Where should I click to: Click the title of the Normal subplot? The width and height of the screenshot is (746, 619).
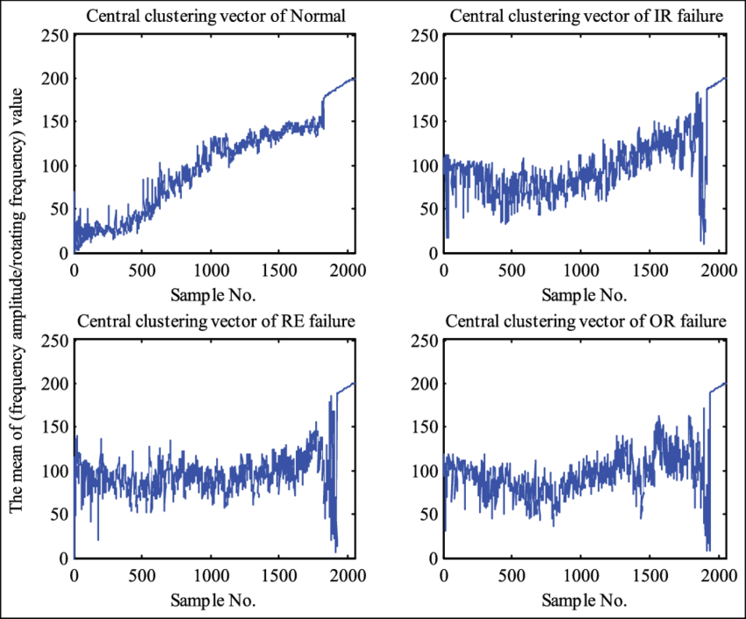click(215, 15)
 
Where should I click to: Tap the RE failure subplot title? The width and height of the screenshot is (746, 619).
click(215, 320)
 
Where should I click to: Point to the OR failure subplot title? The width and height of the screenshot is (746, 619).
click(585, 320)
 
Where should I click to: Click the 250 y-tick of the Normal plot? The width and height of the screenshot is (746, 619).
click(55, 35)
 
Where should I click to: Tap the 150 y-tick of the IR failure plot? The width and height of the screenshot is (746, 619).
click(426, 122)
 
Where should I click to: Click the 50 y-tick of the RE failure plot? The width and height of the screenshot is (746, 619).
click(59, 515)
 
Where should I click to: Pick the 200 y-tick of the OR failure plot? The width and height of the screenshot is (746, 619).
click(426, 384)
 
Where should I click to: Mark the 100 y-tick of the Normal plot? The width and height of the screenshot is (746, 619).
click(55, 166)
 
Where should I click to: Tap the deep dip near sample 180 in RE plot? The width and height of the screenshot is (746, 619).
click(98, 540)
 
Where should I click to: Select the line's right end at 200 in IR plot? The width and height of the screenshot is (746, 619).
click(726, 78)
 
